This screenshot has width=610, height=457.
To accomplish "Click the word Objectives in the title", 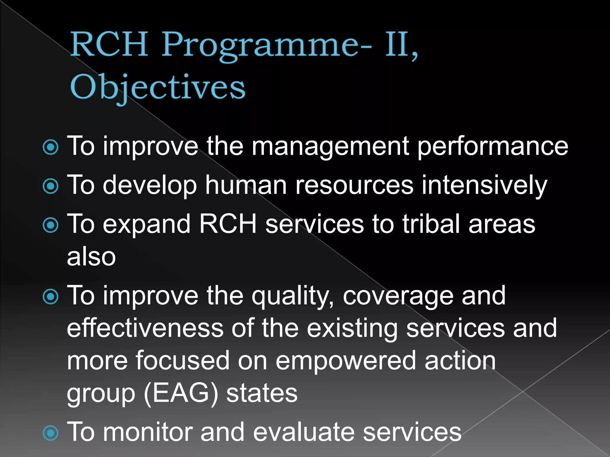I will (158, 87).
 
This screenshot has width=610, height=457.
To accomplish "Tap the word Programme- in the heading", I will (267, 45).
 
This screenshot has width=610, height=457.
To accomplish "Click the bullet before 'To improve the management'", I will (51, 147).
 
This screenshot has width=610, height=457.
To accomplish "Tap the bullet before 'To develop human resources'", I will (51, 186).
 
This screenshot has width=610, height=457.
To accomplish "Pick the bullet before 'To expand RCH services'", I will (51, 225).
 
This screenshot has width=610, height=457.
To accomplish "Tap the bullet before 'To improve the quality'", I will (51, 297).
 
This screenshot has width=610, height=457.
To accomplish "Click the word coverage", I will (398, 296).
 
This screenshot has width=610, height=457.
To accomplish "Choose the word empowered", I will (346, 361).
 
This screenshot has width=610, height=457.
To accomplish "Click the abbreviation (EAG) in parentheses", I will (181, 393).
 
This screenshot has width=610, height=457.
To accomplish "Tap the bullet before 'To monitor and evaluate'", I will (51, 433).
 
